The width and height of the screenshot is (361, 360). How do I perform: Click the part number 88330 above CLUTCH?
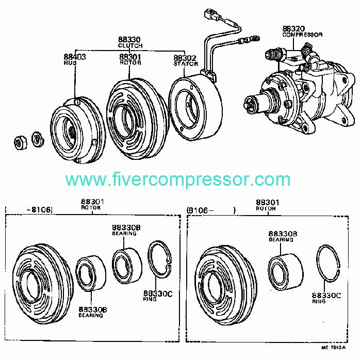coord(129,40)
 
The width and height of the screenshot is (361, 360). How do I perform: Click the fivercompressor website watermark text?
coord(178,179)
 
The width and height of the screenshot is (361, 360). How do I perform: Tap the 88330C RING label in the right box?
coord(326,298)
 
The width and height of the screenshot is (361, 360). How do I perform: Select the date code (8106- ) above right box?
coord(210,210)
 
